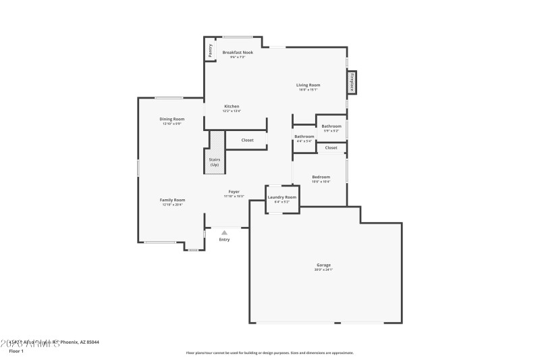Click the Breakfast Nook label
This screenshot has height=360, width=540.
[x=238, y=52]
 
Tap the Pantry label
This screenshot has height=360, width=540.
[x=210, y=49]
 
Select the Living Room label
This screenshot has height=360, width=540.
[x=308, y=85]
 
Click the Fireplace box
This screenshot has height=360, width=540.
[x=352, y=83]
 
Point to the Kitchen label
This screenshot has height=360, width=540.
[x=232, y=106]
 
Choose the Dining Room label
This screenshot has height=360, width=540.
[x=171, y=119]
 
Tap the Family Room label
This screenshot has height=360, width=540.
[x=172, y=200]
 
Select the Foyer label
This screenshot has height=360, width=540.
[x=234, y=192]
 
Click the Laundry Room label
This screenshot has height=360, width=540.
[x=282, y=197]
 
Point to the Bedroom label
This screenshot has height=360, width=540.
[x=321, y=177]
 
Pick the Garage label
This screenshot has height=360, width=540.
[x=323, y=265]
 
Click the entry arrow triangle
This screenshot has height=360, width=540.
[x=225, y=232]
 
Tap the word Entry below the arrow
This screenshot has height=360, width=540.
[x=225, y=239]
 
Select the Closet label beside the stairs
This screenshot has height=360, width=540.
[x=248, y=140]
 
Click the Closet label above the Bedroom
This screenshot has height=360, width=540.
[x=331, y=147]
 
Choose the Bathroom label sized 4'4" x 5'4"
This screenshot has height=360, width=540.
[x=304, y=136]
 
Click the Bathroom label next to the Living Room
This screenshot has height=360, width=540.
[x=331, y=126]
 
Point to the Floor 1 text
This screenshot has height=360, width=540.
[x=16, y=351]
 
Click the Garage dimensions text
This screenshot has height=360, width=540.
[x=323, y=269]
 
